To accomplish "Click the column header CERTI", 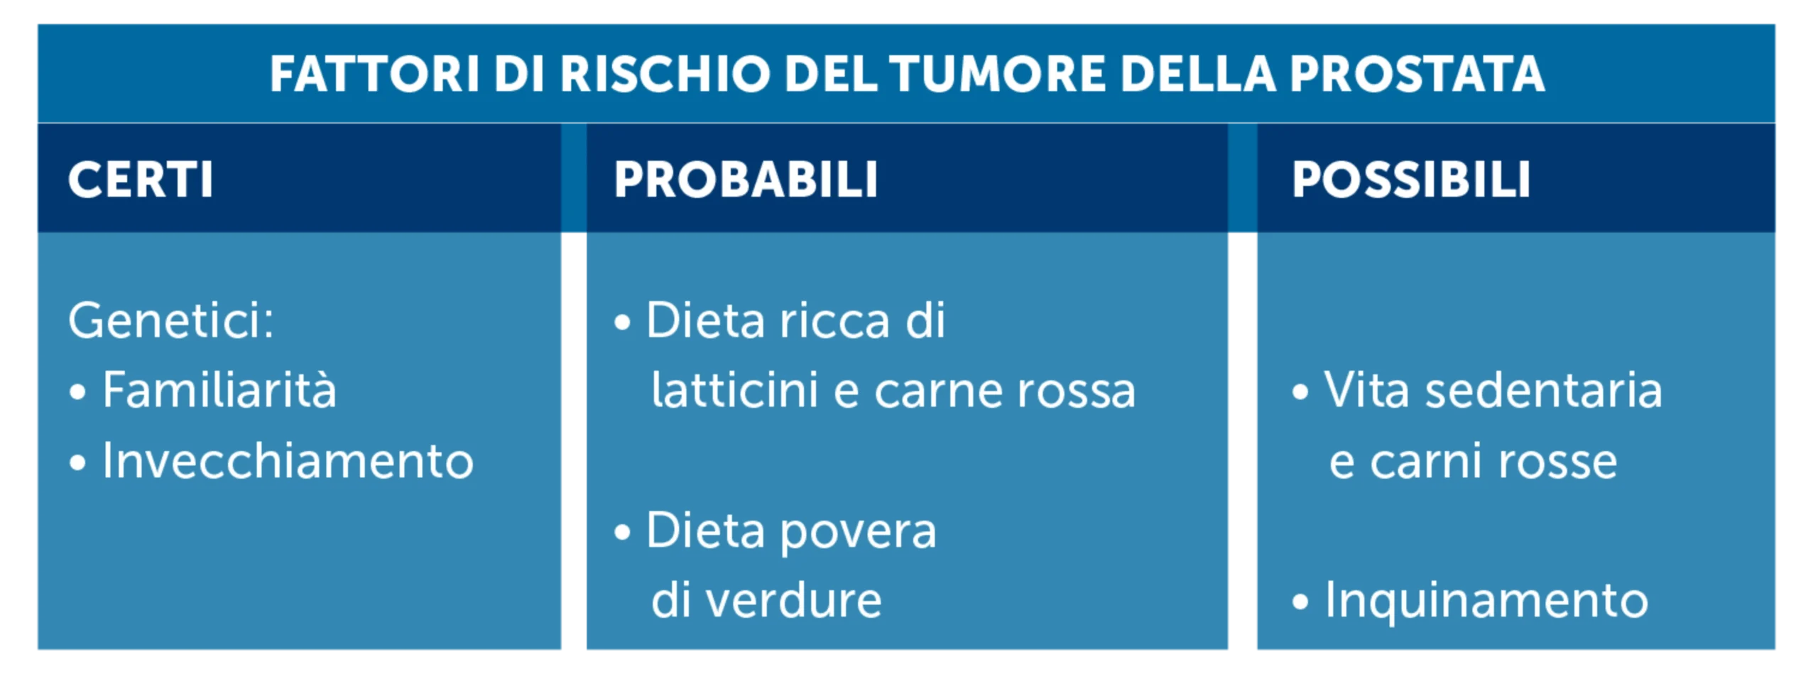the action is (141, 179).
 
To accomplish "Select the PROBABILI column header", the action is (746, 179).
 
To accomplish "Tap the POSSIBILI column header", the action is (1410, 179).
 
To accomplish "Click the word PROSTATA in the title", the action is (1417, 74).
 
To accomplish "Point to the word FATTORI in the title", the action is (375, 74).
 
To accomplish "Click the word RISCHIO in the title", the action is (665, 74).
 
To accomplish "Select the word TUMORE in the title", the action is (997, 74).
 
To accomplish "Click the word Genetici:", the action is (171, 321).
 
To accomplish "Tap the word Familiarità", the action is (219, 390).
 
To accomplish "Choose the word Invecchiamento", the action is (288, 460).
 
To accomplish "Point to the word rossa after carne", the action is (1076, 393).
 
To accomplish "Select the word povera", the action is (858, 533).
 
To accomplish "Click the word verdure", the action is (794, 601).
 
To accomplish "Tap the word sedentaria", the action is (1543, 390).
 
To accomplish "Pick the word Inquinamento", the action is (1486, 602).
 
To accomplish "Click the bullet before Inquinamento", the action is (1300, 602).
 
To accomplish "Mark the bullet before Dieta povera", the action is (622, 533).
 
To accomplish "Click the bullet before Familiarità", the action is (78, 392).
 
